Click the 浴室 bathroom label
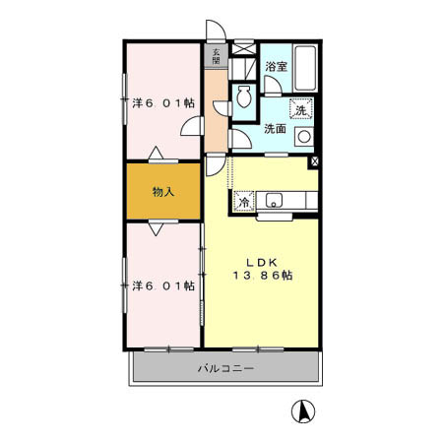click(276, 67)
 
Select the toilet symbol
click(245, 98)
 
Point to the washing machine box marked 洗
click(303, 109)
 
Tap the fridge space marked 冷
click(242, 201)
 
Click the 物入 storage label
click(162, 192)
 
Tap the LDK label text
click(261, 262)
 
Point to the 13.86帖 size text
click(261, 277)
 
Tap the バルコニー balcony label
click(225, 369)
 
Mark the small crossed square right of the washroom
click(314, 161)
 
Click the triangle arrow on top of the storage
click(156, 154)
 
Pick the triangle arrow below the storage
click(156, 228)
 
